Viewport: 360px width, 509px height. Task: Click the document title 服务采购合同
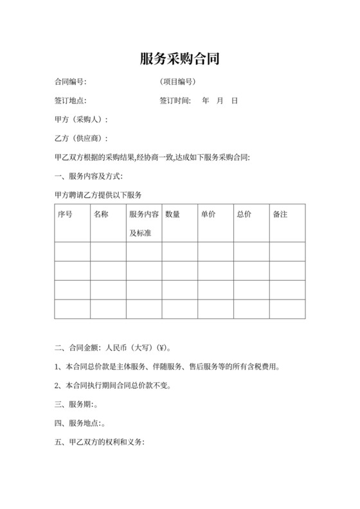[x=179, y=59]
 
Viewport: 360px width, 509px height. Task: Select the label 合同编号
[x=71, y=82]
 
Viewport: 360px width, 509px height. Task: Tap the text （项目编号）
[x=178, y=82]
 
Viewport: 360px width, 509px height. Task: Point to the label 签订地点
[x=71, y=101]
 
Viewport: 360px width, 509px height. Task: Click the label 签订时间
[x=175, y=101]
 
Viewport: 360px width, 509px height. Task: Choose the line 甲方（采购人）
[x=82, y=120]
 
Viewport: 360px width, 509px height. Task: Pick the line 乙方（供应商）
[x=82, y=138]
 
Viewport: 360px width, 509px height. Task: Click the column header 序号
[x=65, y=214]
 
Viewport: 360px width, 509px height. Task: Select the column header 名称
[x=101, y=214]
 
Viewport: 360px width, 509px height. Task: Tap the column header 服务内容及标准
[x=143, y=223]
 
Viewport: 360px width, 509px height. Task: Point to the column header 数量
[x=172, y=214]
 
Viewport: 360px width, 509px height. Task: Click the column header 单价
[x=208, y=214]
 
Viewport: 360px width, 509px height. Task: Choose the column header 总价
[x=244, y=214]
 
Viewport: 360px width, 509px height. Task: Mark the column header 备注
[x=280, y=214]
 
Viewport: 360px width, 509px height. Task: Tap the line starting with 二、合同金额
[x=113, y=348]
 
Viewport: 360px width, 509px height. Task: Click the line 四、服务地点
[x=80, y=424]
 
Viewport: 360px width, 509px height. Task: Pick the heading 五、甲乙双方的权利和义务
[x=100, y=442]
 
